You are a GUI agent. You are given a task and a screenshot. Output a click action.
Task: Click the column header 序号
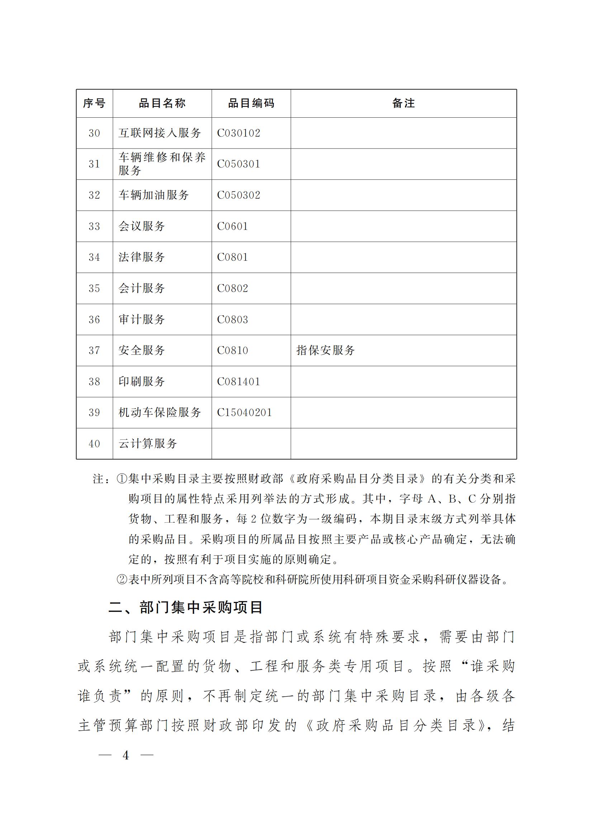click(94, 103)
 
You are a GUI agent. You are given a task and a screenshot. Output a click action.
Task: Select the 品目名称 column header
click(162, 103)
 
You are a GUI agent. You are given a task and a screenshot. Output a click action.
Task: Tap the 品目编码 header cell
click(251, 103)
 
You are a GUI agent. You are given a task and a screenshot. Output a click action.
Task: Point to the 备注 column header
click(403, 103)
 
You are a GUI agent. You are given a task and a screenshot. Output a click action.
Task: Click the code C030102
click(238, 133)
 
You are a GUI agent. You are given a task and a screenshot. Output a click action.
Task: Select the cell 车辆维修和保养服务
click(162, 164)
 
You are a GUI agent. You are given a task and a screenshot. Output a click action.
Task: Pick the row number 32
click(94, 195)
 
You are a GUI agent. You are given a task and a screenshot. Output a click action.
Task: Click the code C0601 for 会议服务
click(233, 226)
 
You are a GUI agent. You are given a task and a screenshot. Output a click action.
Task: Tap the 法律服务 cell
click(142, 257)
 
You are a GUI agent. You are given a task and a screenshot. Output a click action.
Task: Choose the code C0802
click(233, 288)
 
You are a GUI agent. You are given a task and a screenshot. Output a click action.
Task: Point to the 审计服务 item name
click(142, 319)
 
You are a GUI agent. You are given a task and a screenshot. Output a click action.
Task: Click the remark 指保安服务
click(325, 350)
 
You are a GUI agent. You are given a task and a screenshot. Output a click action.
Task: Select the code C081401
click(238, 382)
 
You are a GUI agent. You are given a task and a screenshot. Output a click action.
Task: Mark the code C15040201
click(244, 413)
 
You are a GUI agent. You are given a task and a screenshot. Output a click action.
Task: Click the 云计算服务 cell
click(147, 444)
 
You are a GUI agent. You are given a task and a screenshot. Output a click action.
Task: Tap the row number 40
click(94, 444)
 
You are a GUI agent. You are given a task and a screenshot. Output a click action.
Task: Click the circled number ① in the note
click(121, 479)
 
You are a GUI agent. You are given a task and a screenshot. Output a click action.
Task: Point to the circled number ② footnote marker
click(121, 580)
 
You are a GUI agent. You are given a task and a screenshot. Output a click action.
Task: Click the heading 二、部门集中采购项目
click(186, 608)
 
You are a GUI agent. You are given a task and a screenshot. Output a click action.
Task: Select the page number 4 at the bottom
click(126, 755)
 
